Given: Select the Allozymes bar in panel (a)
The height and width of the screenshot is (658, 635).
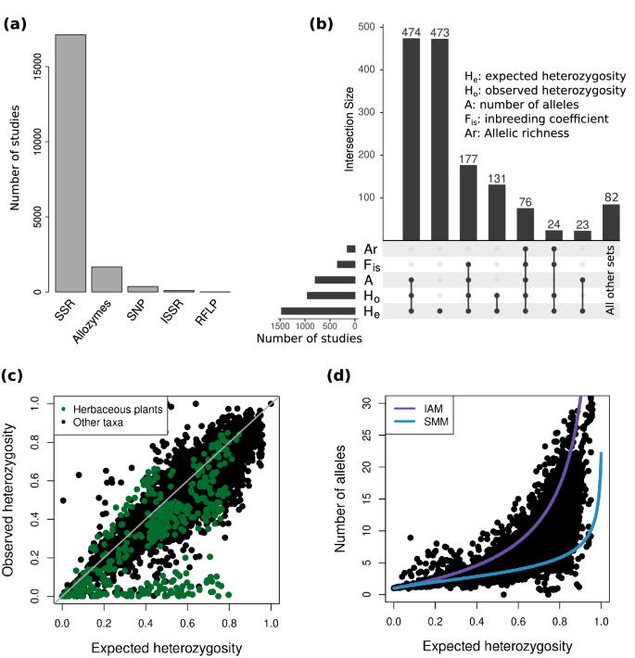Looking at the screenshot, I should (107, 280).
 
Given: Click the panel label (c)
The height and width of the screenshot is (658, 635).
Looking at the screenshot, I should (14, 374).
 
